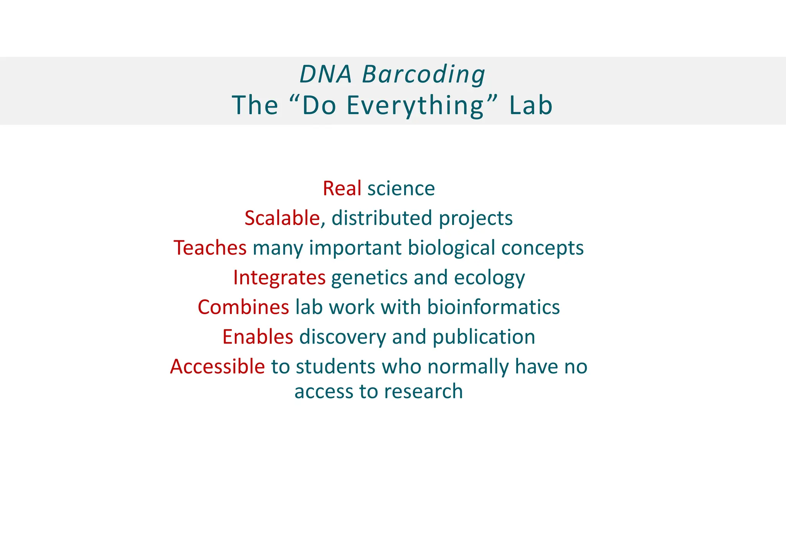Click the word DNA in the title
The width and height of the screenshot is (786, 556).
[x=325, y=74]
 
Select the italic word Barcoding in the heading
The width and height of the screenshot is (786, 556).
[x=424, y=74]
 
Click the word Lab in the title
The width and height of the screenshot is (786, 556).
[x=531, y=105]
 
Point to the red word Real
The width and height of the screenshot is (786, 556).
[x=342, y=189]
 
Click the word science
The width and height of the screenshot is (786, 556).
[x=401, y=189]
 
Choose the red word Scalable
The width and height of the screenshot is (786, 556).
[x=282, y=218]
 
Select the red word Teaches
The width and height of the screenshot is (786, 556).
[x=210, y=248]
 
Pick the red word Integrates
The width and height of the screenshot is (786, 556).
[x=279, y=277]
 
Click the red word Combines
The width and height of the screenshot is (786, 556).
[x=243, y=307]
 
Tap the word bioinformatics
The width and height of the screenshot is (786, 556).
[x=494, y=307]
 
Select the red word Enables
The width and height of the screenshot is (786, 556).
[x=258, y=337]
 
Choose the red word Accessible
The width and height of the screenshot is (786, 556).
[x=217, y=366]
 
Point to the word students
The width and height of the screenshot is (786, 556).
[x=335, y=366]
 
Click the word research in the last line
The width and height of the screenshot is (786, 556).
[x=423, y=391]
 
